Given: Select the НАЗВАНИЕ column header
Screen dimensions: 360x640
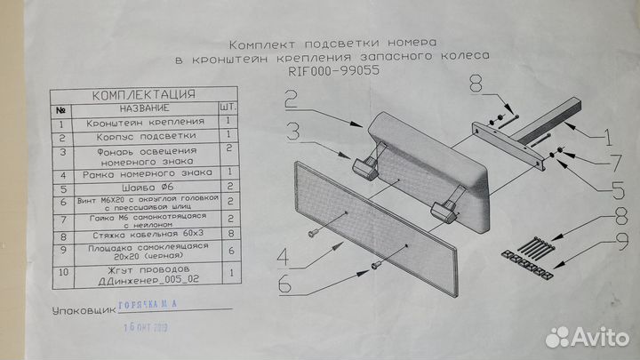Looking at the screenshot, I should [140, 109].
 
